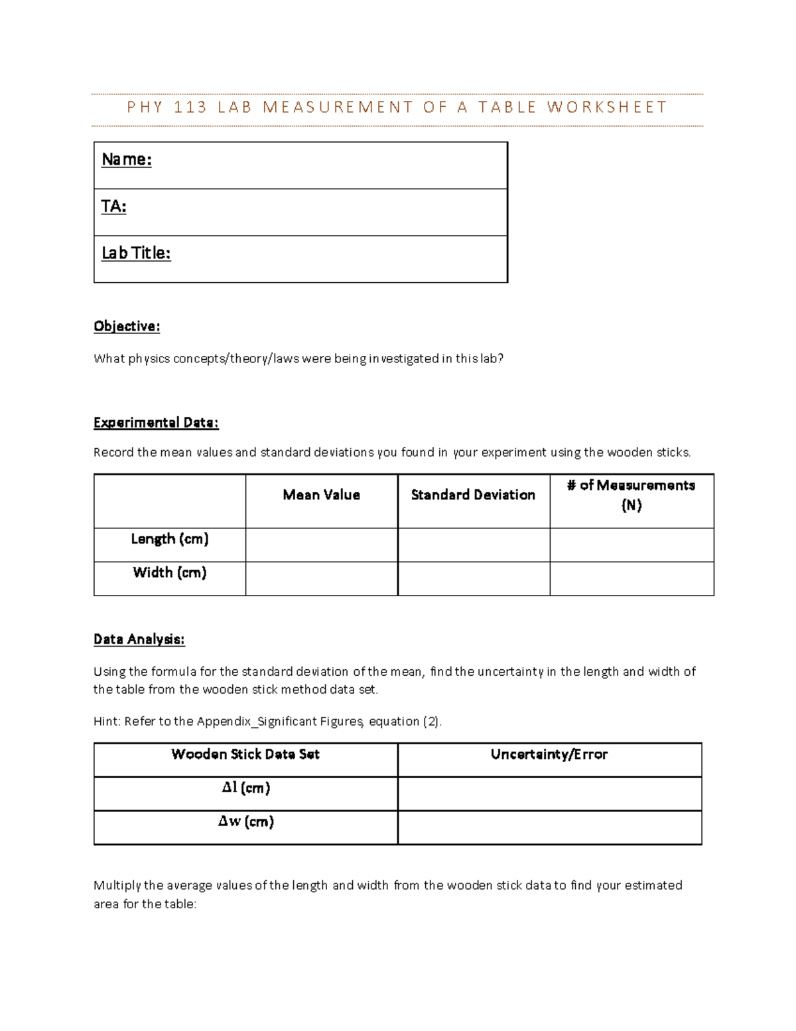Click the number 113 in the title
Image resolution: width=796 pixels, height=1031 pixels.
190,108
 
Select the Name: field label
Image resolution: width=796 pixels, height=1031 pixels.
127,159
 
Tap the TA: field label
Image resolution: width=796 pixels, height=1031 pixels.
113,206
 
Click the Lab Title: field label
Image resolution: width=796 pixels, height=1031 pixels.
136,253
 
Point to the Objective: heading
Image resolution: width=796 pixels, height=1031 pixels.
127,326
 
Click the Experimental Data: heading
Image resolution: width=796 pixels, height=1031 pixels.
156,422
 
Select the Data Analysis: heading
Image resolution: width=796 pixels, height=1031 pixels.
139,639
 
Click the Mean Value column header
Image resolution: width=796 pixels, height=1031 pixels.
322,495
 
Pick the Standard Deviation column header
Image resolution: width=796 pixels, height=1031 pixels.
473,495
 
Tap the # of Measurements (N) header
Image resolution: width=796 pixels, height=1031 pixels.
631,495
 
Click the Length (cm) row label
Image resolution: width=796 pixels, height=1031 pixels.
170,538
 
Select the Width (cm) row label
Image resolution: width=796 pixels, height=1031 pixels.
170,572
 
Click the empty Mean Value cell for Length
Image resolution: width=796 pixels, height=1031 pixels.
322,545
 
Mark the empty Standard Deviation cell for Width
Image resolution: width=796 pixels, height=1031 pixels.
474,579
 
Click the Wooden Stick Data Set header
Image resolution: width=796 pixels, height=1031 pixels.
245,754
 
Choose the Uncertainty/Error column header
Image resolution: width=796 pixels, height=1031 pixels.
549,754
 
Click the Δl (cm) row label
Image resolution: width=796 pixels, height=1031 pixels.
245,788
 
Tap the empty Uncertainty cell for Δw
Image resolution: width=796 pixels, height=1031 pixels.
549,828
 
